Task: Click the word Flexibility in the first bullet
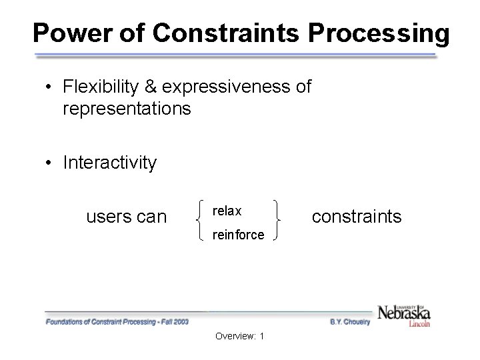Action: [x=107, y=87]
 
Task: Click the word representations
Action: [x=127, y=108]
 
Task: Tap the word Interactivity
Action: [x=110, y=163]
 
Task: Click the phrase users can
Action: [x=126, y=217]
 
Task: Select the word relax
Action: [x=227, y=211]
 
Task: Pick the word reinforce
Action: [x=238, y=235]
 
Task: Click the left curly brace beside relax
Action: [x=201, y=222]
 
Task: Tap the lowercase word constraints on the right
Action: [x=357, y=216]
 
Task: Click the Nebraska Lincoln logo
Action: [x=404, y=314]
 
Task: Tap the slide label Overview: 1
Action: [x=239, y=335]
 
